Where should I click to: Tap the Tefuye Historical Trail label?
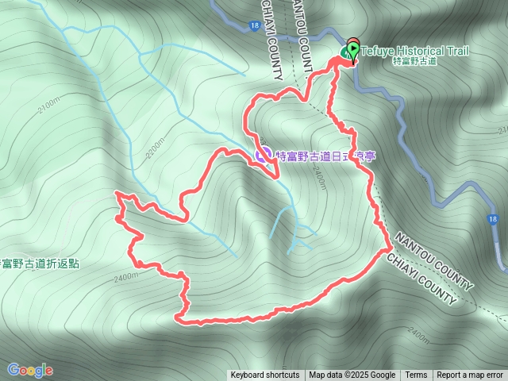pyautogui.click(x=414, y=51)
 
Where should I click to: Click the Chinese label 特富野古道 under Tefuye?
pyautogui.click(x=414, y=61)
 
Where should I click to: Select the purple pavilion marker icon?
pyautogui.click(x=263, y=156)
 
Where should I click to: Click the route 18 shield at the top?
pyautogui.click(x=252, y=26)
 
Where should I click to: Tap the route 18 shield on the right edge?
pyautogui.click(x=494, y=218)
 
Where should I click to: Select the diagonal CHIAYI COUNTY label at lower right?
pyautogui.click(x=421, y=279)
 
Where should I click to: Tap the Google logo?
pyautogui.click(x=29, y=370)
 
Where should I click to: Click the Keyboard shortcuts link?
pyautogui.click(x=265, y=375)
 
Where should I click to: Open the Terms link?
pyautogui.click(x=416, y=375)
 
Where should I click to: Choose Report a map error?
pyautogui.click(x=470, y=375)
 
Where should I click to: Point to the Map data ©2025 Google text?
pyautogui.click(x=352, y=375)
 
